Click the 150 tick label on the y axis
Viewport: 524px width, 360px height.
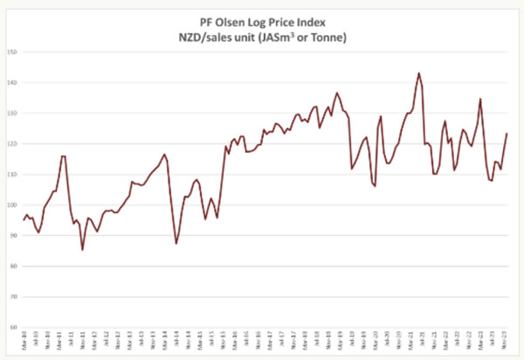coord(13,52)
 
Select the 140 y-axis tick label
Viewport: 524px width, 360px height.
coord(13,82)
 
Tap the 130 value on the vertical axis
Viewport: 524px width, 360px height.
coord(13,113)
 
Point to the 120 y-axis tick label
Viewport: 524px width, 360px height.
coord(13,143)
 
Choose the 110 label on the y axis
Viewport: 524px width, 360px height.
coord(13,174)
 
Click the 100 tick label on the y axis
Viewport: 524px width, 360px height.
coord(13,204)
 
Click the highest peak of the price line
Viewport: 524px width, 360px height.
coord(418,73)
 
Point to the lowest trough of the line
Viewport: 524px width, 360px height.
coord(82,250)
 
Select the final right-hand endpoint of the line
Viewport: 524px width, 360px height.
coord(507,134)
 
